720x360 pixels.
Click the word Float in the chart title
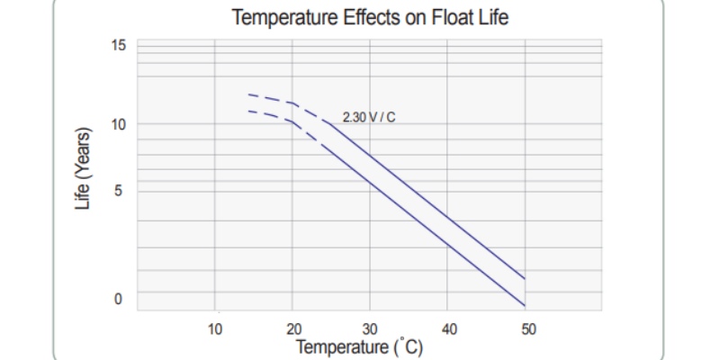tap(439, 18)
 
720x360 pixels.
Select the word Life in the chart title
tap(490, 18)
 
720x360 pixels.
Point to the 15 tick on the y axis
tap(119, 45)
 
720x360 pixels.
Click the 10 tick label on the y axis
tap(119, 124)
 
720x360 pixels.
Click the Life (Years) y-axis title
tap(84, 170)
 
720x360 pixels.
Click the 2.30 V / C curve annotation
tap(370, 117)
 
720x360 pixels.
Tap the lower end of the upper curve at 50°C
tap(525, 278)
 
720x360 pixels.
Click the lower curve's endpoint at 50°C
tap(525, 304)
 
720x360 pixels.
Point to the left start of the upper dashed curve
tap(248, 94)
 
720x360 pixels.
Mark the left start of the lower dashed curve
tap(248, 111)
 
